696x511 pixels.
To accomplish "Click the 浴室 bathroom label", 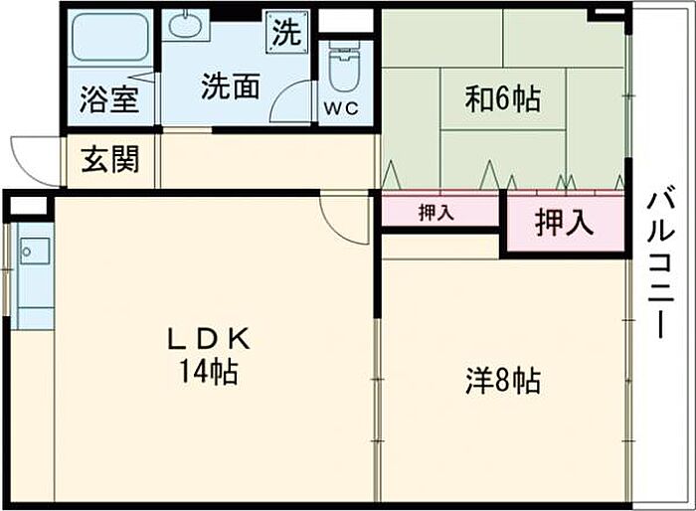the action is (109, 101).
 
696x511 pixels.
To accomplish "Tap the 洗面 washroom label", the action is (231, 86).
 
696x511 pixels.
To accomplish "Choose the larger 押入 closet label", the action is (564, 223).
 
